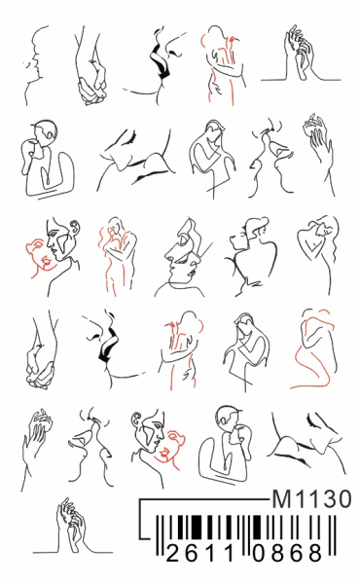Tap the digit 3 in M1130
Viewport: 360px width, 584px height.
coord(326,498)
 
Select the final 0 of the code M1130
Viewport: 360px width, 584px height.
coord(343,498)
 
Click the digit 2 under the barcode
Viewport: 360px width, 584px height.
coord(173,552)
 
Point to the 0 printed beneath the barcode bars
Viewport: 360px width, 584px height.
coord(260,552)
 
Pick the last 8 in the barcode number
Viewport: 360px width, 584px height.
coord(315,552)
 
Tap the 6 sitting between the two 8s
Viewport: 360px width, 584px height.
coord(297,552)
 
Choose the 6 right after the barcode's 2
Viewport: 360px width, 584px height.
coord(192,552)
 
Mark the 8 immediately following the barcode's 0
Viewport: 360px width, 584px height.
coord(278,552)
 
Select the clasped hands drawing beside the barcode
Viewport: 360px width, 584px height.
coord(72,526)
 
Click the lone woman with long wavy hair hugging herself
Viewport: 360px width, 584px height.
coord(319,253)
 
